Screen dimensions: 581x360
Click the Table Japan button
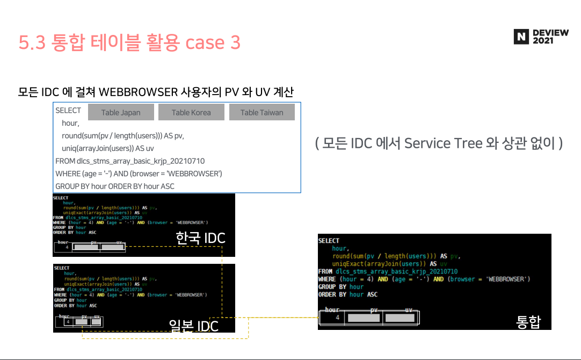tap(121, 112)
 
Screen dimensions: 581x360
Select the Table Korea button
tap(191, 112)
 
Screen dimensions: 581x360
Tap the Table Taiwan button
tap(262, 112)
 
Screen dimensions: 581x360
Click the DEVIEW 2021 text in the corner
tap(550, 37)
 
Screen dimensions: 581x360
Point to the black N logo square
tap(521, 37)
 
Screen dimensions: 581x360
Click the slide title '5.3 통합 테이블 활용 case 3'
tap(129, 43)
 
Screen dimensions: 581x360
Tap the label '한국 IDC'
tap(200, 237)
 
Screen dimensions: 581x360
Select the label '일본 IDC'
tap(194, 326)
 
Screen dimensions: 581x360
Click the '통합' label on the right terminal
tap(528, 322)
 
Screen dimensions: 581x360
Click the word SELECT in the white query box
tap(68, 110)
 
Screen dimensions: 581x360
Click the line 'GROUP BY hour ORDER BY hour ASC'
tap(115, 186)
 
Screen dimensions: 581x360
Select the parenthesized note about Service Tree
tap(439, 143)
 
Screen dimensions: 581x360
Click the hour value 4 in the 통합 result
tap(337, 318)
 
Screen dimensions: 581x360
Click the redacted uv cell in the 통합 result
tap(400, 318)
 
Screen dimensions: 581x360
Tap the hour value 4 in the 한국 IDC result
tap(67, 248)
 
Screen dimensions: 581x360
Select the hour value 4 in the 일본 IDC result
tap(68, 322)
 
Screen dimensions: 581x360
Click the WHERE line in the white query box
tap(139, 174)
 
